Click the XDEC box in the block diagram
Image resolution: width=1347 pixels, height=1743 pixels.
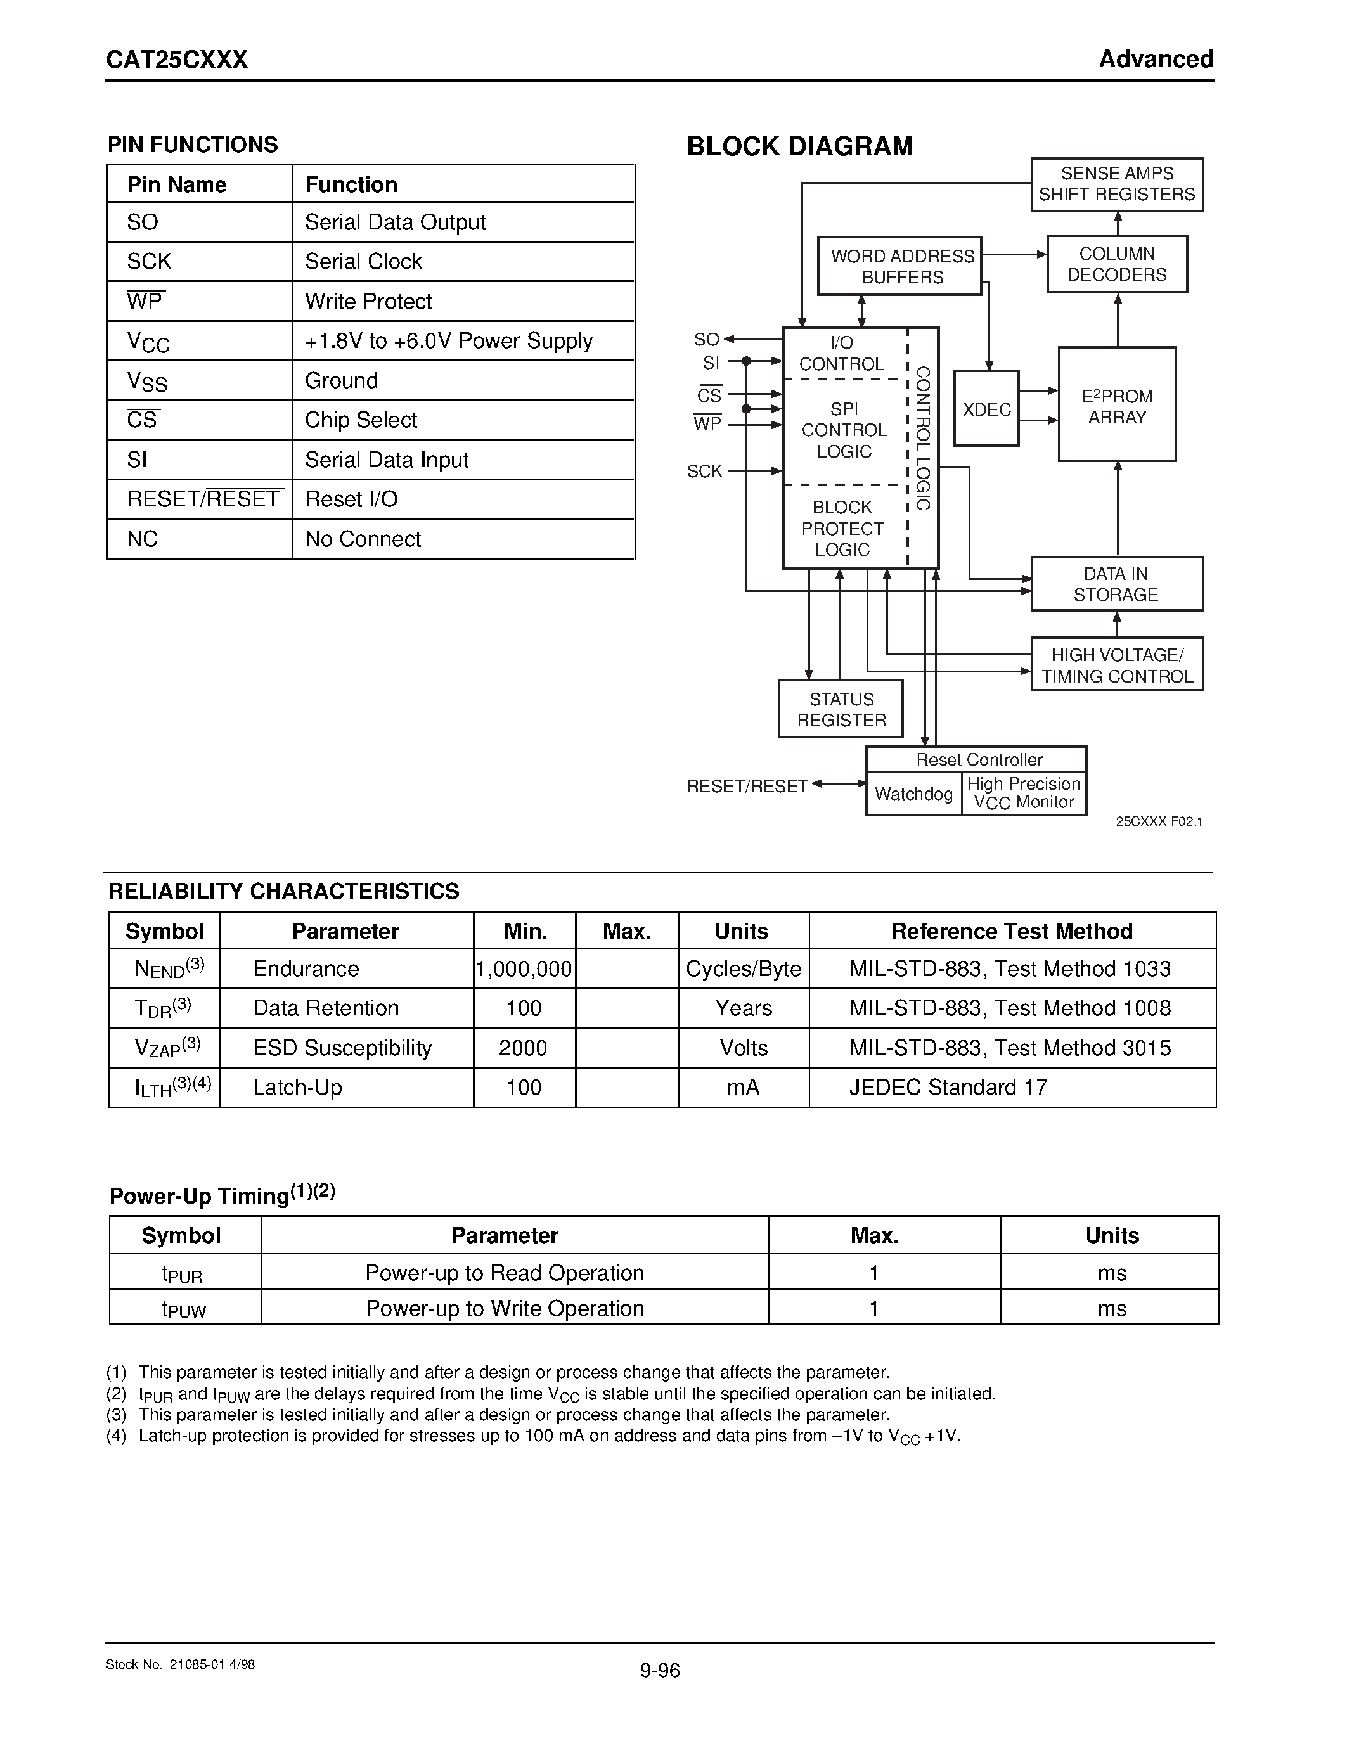click(x=986, y=409)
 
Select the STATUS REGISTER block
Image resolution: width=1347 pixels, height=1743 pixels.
click(x=841, y=709)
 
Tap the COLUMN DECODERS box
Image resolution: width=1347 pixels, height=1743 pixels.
click(x=1116, y=264)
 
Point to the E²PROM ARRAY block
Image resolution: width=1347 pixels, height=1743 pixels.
click(x=1116, y=404)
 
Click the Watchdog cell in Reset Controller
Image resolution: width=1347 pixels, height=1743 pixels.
click(x=913, y=794)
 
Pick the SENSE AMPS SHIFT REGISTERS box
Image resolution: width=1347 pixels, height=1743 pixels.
click(x=1116, y=184)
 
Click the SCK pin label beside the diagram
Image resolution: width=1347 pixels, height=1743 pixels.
click(x=705, y=472)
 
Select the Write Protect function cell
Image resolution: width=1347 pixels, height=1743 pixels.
click(x=369, y=302)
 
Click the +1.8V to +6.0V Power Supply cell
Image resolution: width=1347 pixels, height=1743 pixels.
click(x=448, y=341)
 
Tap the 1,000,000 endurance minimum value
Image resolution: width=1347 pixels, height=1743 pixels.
click(x=524, y=969)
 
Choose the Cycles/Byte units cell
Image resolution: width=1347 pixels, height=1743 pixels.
click(x=743, y=969)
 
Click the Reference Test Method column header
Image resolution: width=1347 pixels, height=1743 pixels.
click(x=1011, y=931)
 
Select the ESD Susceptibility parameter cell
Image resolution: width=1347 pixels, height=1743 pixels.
click(x=342, y=1048)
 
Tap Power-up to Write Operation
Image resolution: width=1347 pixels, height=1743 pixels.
click(x=505, y=1308)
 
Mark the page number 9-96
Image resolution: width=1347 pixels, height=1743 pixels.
click(x=659, y=1670)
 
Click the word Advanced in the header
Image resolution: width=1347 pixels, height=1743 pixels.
click(x=1156, y=59)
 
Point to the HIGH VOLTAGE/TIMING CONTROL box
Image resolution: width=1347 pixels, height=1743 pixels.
click(x=1116, y=665)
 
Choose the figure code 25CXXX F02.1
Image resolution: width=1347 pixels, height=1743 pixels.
click(x=1159, y=821)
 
